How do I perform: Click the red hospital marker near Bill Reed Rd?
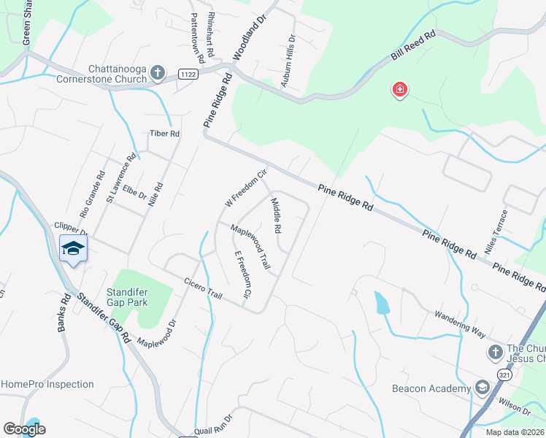coord(400,91)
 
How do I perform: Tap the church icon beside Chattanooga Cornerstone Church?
coord(158,72)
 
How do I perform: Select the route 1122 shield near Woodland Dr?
coord(188,73)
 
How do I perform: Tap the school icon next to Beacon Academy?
coord(482,388)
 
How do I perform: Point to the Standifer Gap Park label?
coord(128,297)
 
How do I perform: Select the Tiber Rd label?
coord(164,134)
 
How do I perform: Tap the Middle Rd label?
coord(277,215)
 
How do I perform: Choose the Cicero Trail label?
coord(203,288)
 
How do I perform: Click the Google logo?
coord(24,429)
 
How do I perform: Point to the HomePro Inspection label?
coord(47,384)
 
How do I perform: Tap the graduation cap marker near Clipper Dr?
coord(73,248)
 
